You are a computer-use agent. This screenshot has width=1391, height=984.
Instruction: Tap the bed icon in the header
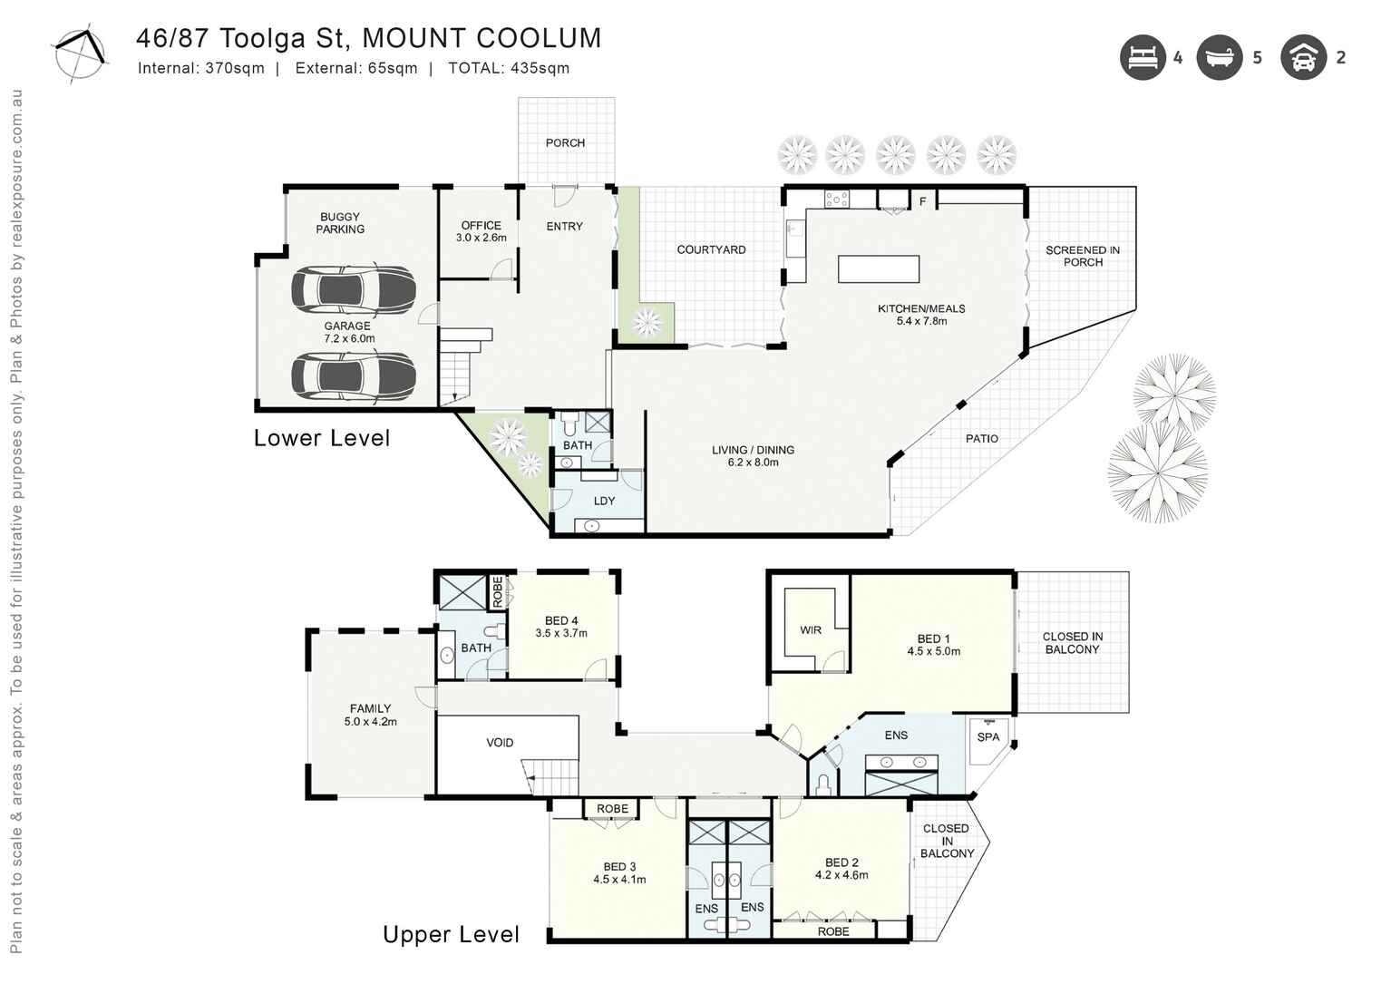[1142, 58]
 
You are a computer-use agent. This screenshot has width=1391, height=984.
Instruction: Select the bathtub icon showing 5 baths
[1219, 58]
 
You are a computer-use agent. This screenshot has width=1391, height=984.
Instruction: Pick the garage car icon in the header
[1303, 58]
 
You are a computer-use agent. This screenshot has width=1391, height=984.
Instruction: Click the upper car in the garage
[353, 289]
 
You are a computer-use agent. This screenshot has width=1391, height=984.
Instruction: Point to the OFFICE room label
[481, 226]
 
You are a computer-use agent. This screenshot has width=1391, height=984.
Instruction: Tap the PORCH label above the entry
[565, 143]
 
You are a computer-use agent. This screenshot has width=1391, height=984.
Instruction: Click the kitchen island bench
[878, 269]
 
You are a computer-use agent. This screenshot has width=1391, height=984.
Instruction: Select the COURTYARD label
[711, 249]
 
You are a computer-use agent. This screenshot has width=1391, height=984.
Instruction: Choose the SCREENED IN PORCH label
[1082, 256]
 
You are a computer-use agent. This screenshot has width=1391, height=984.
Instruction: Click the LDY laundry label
[604, 501]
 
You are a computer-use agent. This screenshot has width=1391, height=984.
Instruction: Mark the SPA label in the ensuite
[987, 737]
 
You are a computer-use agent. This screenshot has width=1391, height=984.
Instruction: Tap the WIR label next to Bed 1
[811, 630]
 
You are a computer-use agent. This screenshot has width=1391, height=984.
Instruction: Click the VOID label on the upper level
[500, 743]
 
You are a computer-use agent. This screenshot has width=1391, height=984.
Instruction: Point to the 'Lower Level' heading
[322, 438]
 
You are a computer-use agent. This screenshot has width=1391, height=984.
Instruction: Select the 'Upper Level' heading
[451, 935]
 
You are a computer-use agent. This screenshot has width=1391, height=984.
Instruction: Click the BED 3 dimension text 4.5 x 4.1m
[619, 880]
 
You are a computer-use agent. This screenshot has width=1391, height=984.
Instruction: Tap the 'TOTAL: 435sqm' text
[509, 68]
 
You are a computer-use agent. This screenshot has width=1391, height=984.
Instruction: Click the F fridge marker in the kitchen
[922, 201]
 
